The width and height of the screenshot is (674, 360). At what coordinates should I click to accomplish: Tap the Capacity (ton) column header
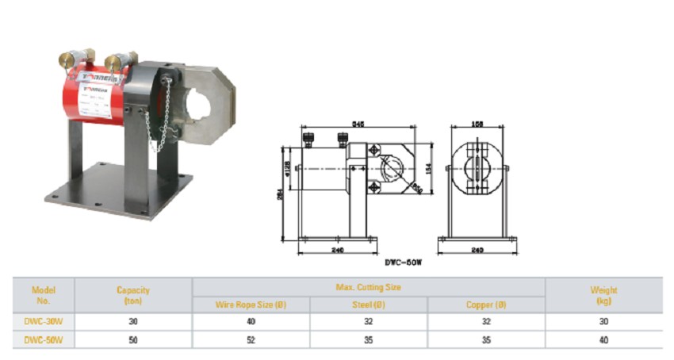[133, 295]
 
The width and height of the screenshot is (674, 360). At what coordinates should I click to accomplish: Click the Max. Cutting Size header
[369, 286]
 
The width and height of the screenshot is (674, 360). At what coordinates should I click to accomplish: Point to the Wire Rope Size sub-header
[251, 304]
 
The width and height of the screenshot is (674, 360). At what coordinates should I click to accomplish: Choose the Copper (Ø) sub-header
[486, 304]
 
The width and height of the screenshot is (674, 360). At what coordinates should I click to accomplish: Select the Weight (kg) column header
[603, 295]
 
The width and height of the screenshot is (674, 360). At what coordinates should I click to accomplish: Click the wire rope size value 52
[251, 340]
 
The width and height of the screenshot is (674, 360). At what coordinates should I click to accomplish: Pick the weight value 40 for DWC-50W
[603, 340]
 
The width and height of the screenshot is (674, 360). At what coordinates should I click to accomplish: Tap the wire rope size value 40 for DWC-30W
[251, 322]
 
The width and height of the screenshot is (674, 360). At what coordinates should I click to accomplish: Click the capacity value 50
[133, 340]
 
